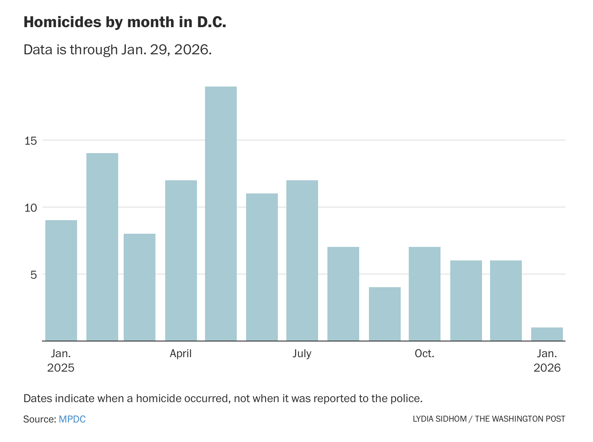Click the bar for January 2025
[61, 280]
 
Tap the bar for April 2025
[181, 260]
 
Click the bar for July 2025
[302, 260]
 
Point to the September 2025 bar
[385, 314]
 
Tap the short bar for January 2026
[547, 334]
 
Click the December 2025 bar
[506, 300]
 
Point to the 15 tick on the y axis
[31, 140]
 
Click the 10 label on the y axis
[31, 208]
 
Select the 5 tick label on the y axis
[34, 275]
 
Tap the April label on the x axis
[181, 353]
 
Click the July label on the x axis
[302, 353]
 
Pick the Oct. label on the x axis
[424, 353]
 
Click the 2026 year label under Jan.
[547, 367]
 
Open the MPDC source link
[72, 419]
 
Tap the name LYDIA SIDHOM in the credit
[440, 419]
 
